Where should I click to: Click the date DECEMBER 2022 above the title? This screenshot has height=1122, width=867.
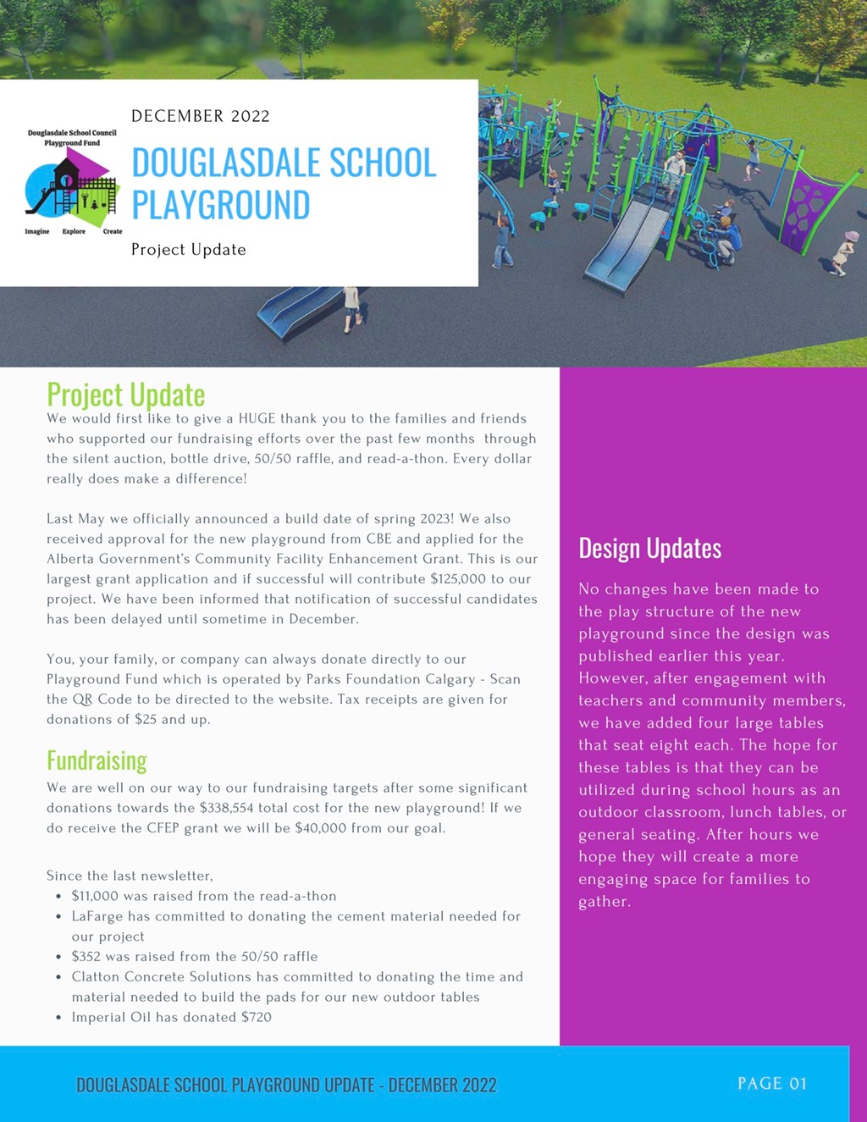pos(201,116)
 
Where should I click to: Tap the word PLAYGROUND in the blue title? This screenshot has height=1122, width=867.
pos(221,205)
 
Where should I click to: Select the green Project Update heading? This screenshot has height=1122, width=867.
pos(126,395)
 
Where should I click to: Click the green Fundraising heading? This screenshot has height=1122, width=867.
pos(97,760)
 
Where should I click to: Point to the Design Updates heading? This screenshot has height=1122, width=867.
pos(649,548)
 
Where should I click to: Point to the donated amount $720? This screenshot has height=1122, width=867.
pos(257,1017)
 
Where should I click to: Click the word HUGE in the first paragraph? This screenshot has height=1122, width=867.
pos(257,418)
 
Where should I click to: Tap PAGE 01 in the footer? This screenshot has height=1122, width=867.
pos(772,1083)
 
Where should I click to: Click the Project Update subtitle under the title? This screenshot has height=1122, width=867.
pos(189,250)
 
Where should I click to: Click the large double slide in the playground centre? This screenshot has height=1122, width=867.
pos(627,240)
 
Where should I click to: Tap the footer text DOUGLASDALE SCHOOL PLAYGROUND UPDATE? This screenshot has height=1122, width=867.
pos(226,1085)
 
